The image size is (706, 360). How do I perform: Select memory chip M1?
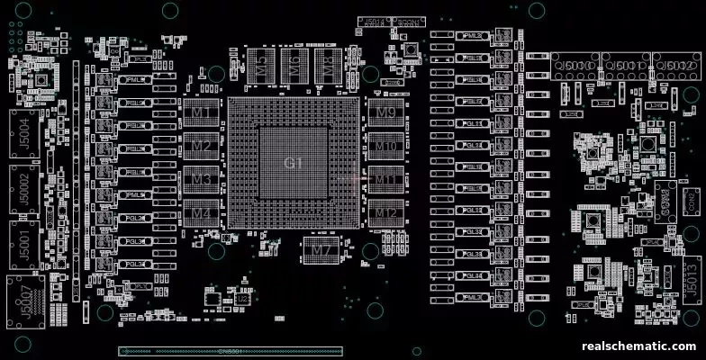coord(202,113)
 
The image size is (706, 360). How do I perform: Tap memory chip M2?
coord(202,147)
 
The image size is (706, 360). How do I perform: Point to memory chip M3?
coord(202,180)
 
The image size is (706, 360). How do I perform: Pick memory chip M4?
coord(202,213)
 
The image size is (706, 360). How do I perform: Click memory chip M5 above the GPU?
coord(261,62)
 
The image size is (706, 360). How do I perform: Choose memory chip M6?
coord(294,62)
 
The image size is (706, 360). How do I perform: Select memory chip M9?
coord(385,113)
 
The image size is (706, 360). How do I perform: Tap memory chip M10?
coord(385,147)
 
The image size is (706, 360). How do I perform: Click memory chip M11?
coord(385,180)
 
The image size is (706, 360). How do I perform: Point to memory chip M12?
coord(385,213)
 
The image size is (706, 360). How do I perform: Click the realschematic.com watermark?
coord(639,346)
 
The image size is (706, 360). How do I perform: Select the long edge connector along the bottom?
coord(231,351)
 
